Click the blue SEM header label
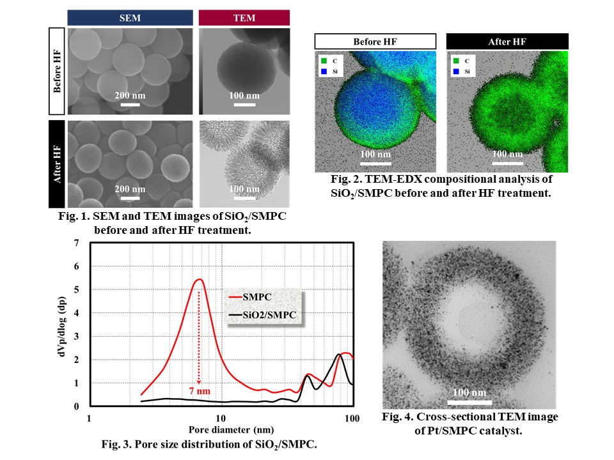pos(130,18)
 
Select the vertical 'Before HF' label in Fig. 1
pos(58,71)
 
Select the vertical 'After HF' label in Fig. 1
pos(58,164)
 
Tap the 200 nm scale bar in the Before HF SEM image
pos(130,103)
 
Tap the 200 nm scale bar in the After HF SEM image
pos(130,197)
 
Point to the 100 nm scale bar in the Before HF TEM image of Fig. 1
pos(244,103)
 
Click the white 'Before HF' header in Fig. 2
pos(375,42)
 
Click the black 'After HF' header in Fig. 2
pos(507,42)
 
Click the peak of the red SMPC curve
pos(199,279)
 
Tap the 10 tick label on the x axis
pos(221,418)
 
